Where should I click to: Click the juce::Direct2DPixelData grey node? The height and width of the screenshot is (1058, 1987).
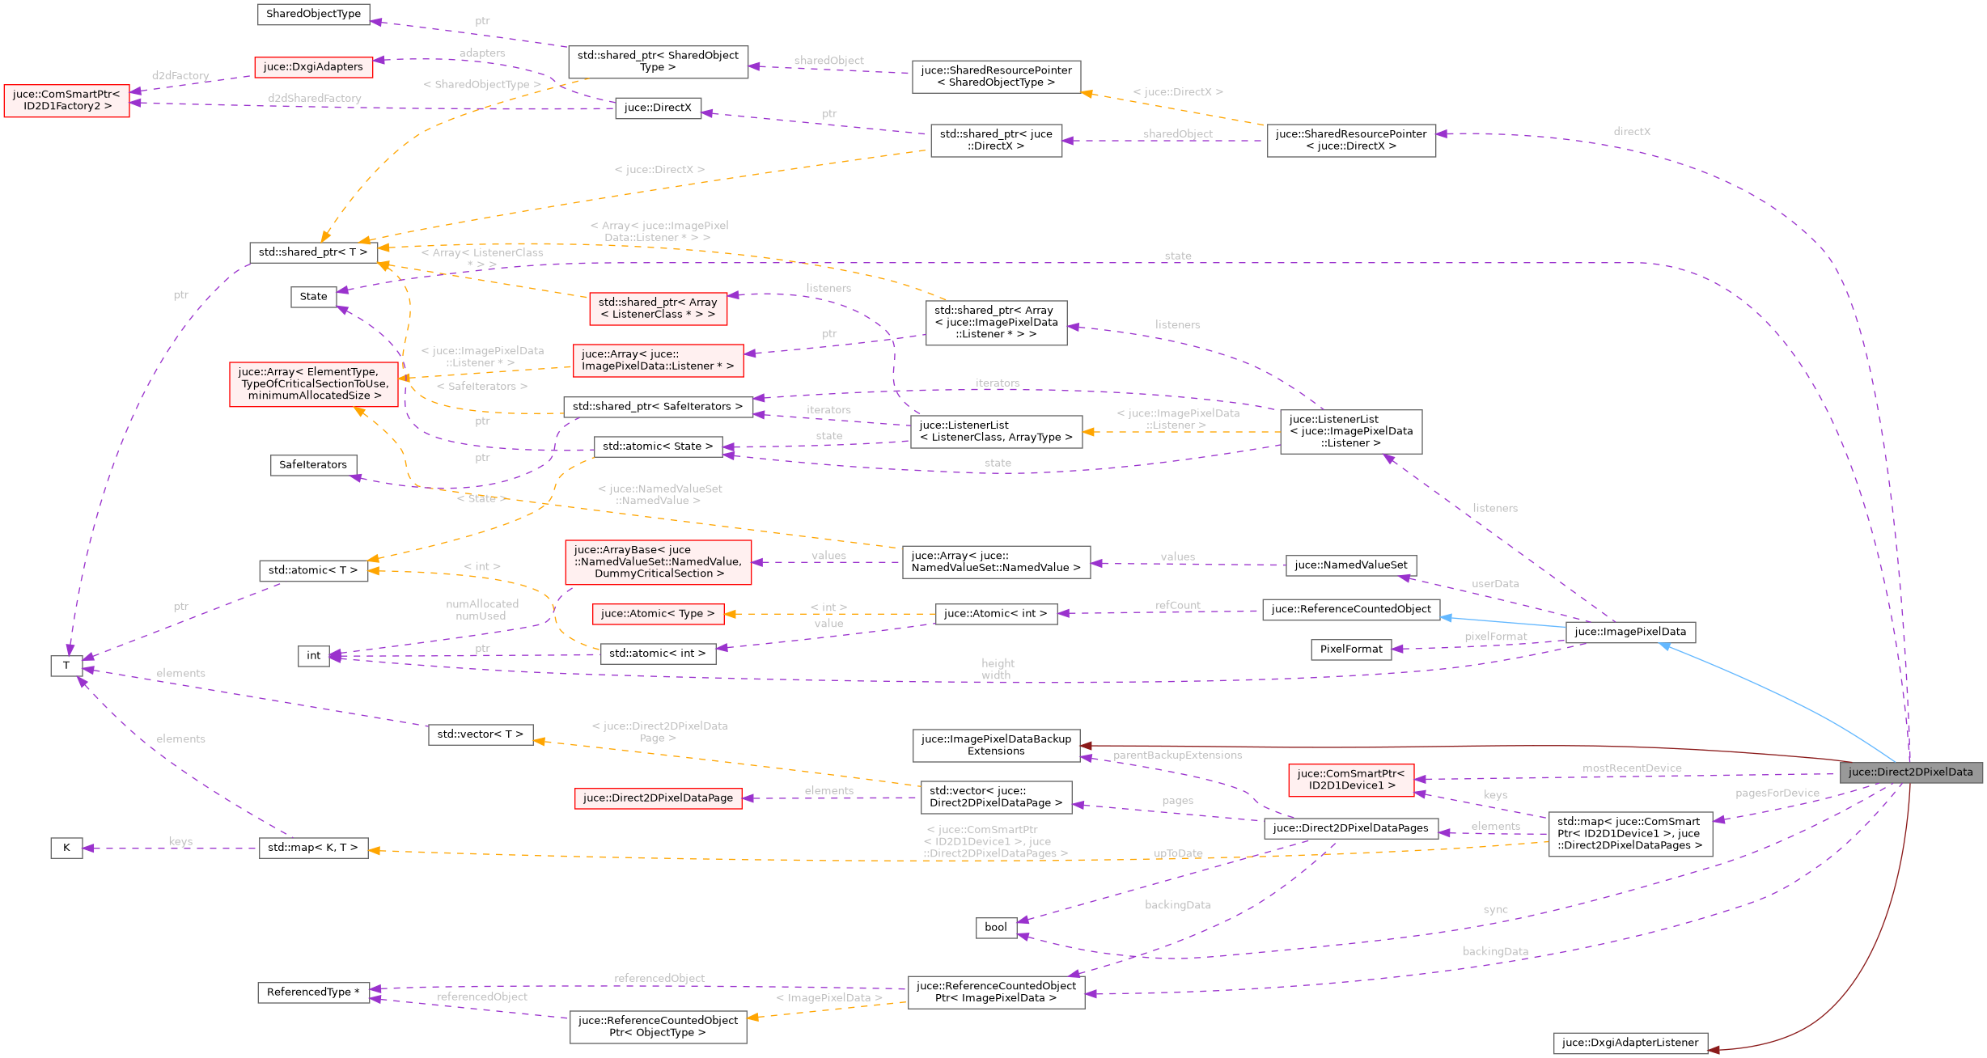pos(1910,772)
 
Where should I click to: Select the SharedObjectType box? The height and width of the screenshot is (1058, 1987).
pos(313,14)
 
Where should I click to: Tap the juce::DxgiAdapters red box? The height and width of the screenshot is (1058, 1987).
pos(313,67)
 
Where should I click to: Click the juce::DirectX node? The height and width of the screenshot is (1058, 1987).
pos(658,108)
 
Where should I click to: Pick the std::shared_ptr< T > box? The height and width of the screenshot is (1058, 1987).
pos(313,252)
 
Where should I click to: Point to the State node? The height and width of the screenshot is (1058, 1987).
pos(313,297)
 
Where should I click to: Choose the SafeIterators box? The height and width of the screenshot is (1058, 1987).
pos(313,465)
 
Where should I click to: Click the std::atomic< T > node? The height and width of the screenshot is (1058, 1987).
pos(313,570)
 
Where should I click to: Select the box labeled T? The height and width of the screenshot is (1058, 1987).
pos(66,666)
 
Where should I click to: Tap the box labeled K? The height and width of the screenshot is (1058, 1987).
pos(66,848)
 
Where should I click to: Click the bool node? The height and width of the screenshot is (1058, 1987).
pos(995,928)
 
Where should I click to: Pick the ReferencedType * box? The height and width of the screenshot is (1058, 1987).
pos(313,992)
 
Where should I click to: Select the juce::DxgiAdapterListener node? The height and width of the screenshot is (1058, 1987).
pos(1629,1043)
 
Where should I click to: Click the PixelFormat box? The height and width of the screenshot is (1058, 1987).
pos(1350,650)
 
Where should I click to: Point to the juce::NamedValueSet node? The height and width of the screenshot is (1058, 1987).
pos(1350,565)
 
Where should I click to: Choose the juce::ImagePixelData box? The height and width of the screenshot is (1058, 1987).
pos(1629,633)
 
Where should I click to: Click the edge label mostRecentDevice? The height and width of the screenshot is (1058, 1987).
pos(1632,768)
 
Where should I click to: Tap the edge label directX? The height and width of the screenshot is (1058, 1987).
pos(1632,132)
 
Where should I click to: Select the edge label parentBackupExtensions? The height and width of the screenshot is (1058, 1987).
pos(1177,755)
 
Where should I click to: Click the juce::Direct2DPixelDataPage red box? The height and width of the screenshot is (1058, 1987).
pos(658,798)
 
